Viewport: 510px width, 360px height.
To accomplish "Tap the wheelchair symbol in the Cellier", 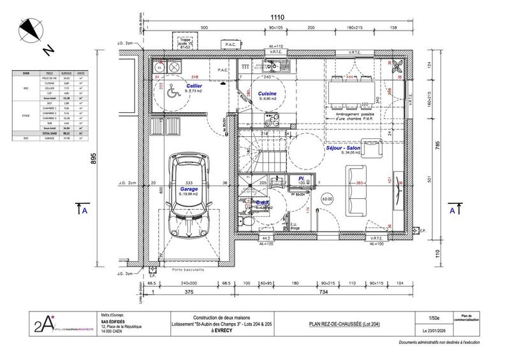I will pos(171,92).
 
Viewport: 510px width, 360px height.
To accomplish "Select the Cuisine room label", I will pos(266,93).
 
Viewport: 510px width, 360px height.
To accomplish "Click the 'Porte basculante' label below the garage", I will pos(189,269).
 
